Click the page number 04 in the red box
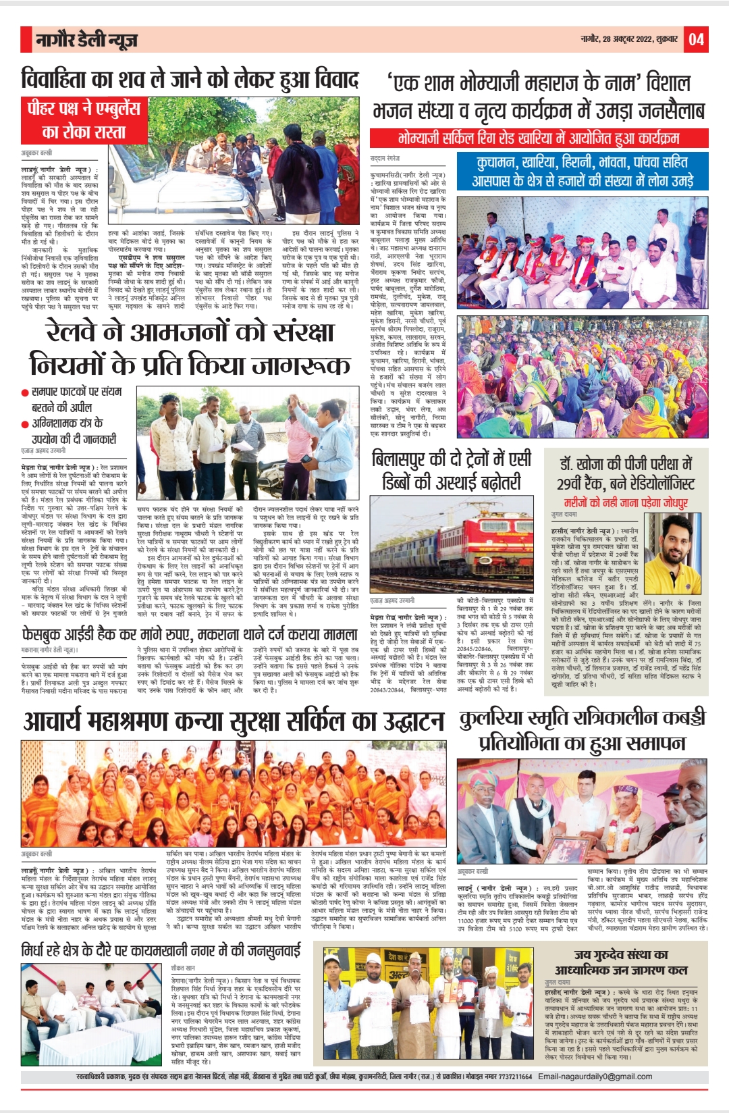(696, 40)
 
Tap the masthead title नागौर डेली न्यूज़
(87, 41)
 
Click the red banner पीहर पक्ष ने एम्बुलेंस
(84, 108)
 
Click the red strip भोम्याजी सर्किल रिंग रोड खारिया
(537, 138)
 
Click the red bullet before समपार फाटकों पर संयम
(25, 392)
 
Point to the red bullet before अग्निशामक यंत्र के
(25, 424)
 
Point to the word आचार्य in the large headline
(55, 721)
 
